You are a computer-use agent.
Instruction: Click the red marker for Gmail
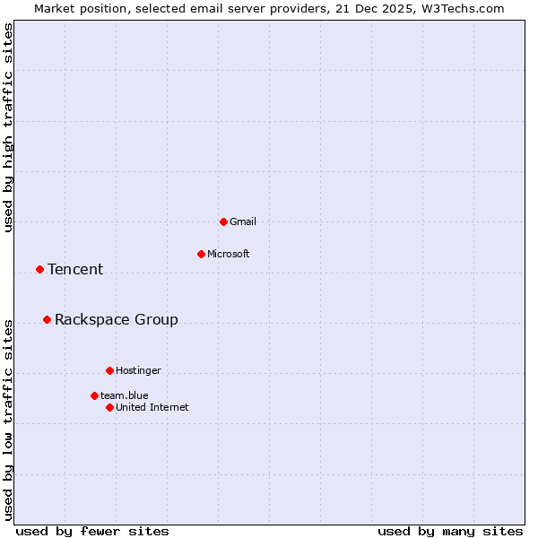coord(223,221)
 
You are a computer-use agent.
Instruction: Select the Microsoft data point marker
coord(201,254)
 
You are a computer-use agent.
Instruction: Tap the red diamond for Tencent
coord(39,269)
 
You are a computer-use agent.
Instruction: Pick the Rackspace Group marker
coord(47,319)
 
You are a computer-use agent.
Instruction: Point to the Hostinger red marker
coord(109,370)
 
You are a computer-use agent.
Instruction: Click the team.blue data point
coord(94,395)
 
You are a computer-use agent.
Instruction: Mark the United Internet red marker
coord(109,407)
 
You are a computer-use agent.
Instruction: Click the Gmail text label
coord(243,221)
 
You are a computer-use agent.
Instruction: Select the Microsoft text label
coord(229,254)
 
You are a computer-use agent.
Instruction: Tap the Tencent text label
coord(75,269)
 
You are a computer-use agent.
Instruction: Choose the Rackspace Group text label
coord(117,319)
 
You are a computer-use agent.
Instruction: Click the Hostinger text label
coord(138,370)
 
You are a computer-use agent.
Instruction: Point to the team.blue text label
coord(125,395)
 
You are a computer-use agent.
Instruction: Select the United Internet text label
coord(152,407)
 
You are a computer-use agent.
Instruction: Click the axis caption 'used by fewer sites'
coord(92,531)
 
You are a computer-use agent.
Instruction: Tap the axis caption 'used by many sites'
coord(450,531)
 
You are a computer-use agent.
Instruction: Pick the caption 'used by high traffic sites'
coord(8,127)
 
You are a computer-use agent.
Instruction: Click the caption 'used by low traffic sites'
coord(8,419)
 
